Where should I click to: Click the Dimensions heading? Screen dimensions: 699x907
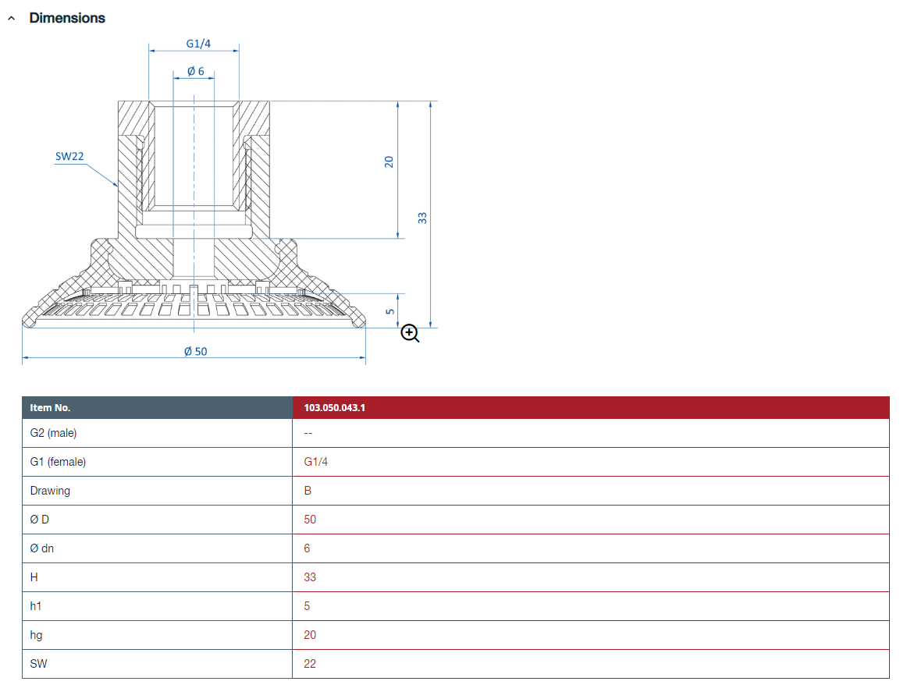point(67,18)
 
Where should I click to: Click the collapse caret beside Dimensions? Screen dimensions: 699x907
point(11,18)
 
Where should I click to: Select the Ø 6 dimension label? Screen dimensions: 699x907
point(195,71)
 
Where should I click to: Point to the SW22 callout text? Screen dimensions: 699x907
point(69,156)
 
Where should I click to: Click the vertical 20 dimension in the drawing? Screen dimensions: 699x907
point(389,161)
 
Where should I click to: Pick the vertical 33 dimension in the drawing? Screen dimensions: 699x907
point(422,218)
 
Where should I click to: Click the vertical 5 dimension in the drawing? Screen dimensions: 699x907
point(389,311)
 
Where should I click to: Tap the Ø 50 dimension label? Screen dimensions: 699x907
point(195,351)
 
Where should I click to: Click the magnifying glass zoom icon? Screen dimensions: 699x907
point(410,334)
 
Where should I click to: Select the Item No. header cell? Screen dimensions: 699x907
point(51,407)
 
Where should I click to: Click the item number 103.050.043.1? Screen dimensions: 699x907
point(334,407)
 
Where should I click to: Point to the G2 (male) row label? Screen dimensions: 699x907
point(54,433)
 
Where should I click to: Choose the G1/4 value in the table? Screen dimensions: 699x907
point(316,462)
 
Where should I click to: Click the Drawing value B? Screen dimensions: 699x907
point(308,491)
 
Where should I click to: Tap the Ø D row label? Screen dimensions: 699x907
point(40,520)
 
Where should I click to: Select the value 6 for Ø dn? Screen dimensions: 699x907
point(307,548)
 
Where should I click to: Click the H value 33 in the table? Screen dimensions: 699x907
point(310,577)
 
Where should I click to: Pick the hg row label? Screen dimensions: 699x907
point(36,635)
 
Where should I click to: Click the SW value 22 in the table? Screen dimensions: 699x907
point(310,664)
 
